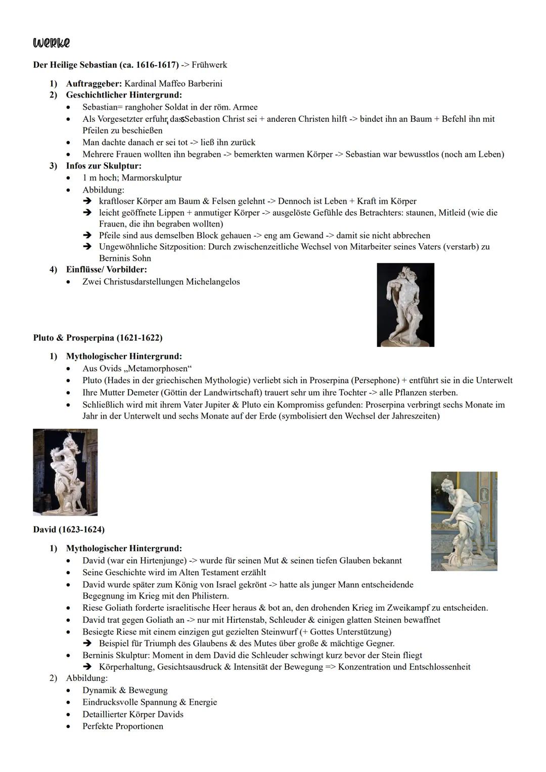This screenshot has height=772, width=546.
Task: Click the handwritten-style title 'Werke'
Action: click(51, 43)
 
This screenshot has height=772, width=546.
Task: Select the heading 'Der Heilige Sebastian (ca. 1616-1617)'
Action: click(106, 65)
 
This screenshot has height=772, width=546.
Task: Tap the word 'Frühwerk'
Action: click(209, 65)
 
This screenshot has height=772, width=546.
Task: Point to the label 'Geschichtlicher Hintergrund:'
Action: click(124, 95)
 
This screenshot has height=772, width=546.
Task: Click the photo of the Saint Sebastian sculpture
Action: click(405, 304)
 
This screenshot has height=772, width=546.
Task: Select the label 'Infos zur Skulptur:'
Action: click(104, 166)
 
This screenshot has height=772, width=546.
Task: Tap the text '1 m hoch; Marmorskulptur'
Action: click(132, 178)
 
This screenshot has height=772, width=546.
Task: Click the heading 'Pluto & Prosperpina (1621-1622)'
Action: click(98, 337)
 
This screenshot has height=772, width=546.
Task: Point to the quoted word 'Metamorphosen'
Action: click(158, 368)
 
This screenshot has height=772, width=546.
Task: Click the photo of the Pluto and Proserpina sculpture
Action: click(65, 472)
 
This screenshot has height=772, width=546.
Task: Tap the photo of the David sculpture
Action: click(464, 521)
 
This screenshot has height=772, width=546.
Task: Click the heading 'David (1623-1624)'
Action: click(69, 529)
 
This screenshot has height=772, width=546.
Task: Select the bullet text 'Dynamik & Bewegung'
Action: click(125, 690)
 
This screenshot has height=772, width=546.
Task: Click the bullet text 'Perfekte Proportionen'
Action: click(123, 726)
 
